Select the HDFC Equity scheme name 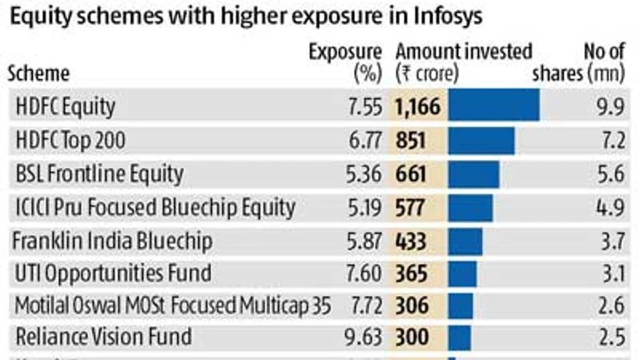coord(65,107)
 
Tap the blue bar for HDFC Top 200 coord(481,140)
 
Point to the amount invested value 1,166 coord(418,107)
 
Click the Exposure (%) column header coord(345,62)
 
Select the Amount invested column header coord(463,62)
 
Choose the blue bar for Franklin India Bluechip coord(465,241)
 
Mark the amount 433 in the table coord(411,241)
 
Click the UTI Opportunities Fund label coord(113,273)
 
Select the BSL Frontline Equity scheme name coord(99,173)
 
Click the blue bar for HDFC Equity coord(494,107)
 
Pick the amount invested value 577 coord(411,207)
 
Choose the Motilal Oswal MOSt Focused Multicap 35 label coord(173,306)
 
